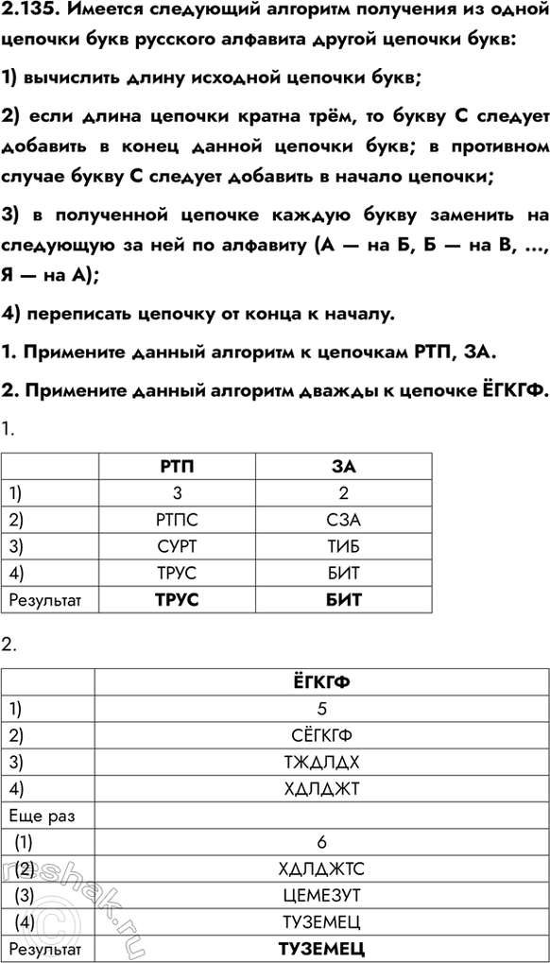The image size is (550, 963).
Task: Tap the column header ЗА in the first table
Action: tap(344, 466)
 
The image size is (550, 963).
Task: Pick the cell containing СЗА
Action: tap(344, 519)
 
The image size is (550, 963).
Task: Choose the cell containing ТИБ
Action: tap(344, 545)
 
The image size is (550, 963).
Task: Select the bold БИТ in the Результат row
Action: tap(344, 599)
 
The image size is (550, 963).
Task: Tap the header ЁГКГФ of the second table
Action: tap(321, 680)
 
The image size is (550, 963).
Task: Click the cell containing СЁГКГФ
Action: tap(321, 734)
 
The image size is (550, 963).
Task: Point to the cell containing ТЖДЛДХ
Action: tap(321, 761)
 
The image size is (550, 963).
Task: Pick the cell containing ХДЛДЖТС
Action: tap(321, 868)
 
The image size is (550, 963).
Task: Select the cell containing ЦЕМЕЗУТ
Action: tap(321, 894)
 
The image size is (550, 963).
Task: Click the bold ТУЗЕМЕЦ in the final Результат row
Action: tap(321, 948)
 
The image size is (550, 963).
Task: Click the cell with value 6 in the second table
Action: tap(321, 841)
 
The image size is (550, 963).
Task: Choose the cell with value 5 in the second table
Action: tap(321, 707)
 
